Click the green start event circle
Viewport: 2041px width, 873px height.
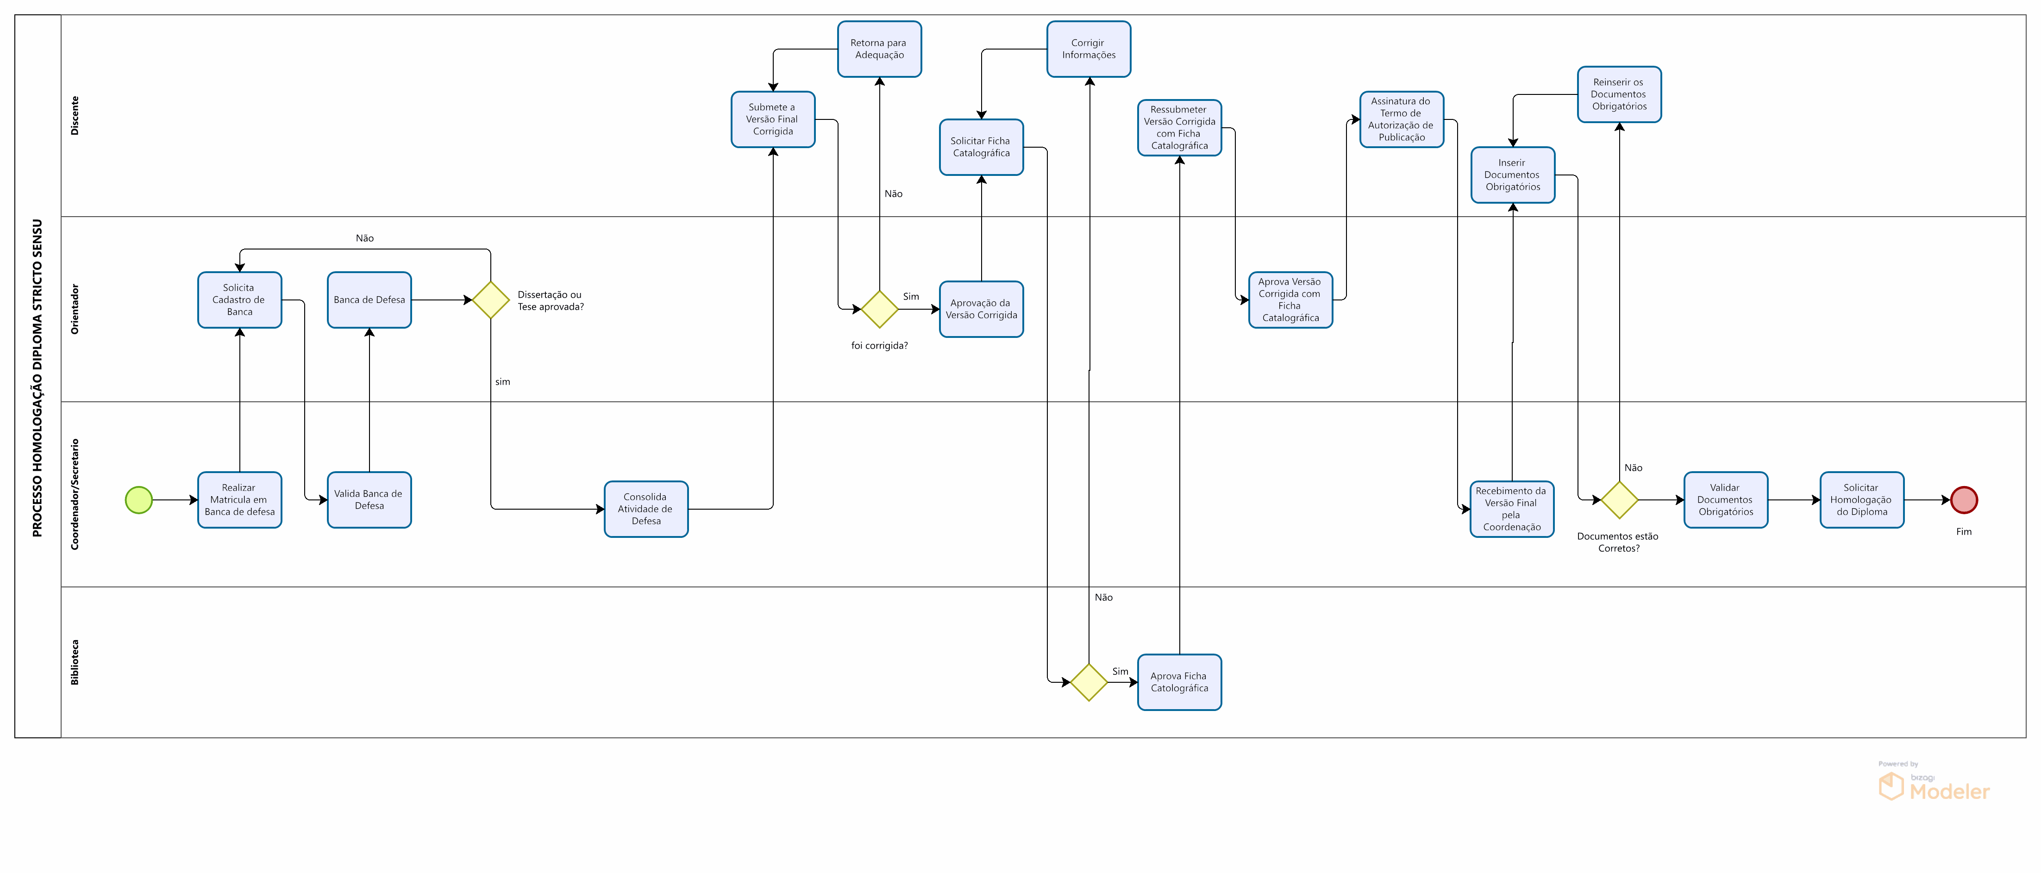click(x=138, y=500)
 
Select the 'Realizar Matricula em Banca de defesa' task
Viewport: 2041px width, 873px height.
click(x=239, y=500)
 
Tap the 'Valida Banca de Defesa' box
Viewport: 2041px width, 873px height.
click(x=369, y=500)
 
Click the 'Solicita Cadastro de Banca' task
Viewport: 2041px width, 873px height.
click(x=239, y=299)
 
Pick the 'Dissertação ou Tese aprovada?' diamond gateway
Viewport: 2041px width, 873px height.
click(x=490, y=300)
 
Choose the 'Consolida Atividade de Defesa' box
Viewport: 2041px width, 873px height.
click(x=646, y=509)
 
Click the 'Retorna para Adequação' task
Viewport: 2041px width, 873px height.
click(x=879, y=49)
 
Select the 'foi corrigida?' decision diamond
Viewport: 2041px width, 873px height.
click(x=879, y=309)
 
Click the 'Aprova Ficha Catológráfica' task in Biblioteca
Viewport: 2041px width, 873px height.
click(x=1179, y=682)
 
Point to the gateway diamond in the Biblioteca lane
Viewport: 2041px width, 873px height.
click(x=1089, y=682)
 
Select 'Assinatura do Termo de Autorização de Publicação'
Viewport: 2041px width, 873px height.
click(x=1401, y=119)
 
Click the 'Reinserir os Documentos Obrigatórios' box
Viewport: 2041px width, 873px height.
click(x=1619, y=94)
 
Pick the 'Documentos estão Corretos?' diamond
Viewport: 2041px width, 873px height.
click(x=1619, y=500)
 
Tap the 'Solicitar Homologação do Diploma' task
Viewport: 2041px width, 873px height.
click(x=1861, y=500)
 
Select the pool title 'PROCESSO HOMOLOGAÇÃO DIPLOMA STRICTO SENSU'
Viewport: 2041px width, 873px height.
click(x=37, y=377)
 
